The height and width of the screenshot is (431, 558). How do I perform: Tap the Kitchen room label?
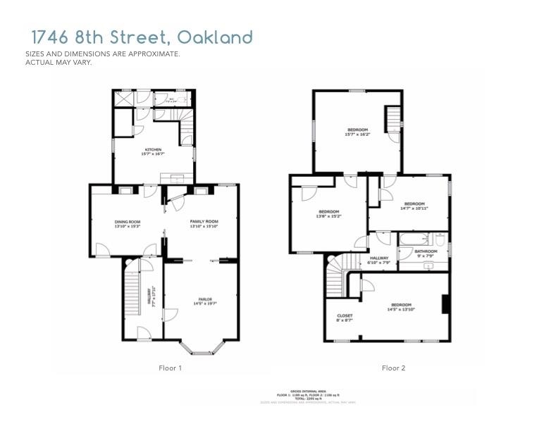[x=154, y=150]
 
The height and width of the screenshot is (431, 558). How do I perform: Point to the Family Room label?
[x=204, y=222]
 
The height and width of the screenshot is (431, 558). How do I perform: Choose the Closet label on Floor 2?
[x=345, y=316]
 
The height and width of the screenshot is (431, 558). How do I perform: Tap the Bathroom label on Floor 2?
[x=426, y=251]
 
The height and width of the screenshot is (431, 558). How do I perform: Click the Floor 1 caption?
[x=170, y=368]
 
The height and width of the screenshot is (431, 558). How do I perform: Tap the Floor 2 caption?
[x=393, y=368]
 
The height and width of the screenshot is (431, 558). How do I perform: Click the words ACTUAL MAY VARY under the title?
[x=58, y=62]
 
